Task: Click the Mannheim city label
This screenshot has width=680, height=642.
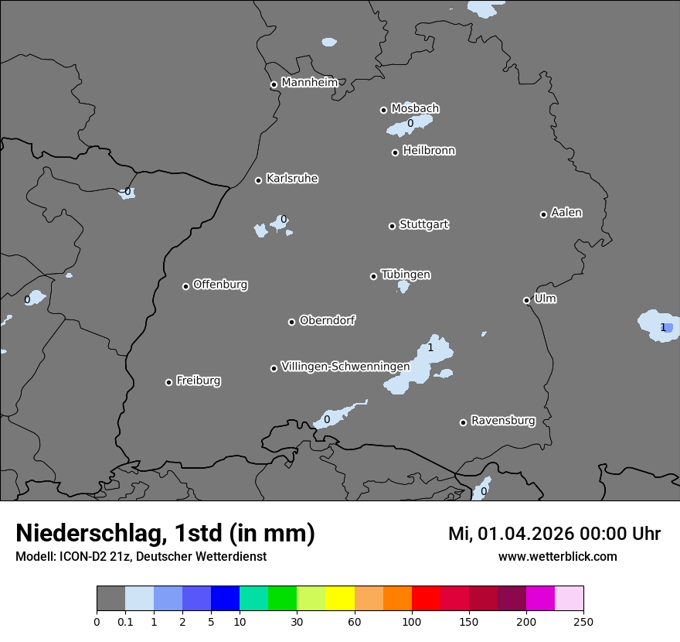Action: tap(309, 83)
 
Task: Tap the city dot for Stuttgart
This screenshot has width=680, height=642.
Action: tap(392, 226)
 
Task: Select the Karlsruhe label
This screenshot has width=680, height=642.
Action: tap(292, 179)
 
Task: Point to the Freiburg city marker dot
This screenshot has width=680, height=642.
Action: tap(168, 382)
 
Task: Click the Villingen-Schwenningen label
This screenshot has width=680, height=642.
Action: tap(345, 366)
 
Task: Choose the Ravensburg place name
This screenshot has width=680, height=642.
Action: tap(503, 421)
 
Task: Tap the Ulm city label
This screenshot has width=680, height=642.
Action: tap(545, 299)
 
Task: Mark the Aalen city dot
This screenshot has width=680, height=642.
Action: tap(543, 214)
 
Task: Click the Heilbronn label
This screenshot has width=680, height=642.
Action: tap(429, 151)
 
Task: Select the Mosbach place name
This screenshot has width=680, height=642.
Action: tap(415, 108)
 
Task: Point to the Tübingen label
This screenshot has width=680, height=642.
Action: tap(406, 275)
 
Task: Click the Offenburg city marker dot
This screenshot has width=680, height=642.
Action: tap(185, 286)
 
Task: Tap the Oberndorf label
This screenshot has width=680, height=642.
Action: tap(328, 320)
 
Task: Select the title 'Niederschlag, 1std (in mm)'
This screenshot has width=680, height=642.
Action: tap(165, 533)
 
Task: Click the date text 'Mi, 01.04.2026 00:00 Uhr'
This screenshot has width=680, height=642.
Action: tap(554, 534)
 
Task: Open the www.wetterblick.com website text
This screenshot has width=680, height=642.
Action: tap(557, 556)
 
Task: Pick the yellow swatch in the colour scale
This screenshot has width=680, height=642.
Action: tap(340, 599)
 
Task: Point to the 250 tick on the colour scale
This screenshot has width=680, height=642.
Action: tap(583, 621)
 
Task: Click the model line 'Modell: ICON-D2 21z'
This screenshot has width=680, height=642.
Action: tap(141, 556)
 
